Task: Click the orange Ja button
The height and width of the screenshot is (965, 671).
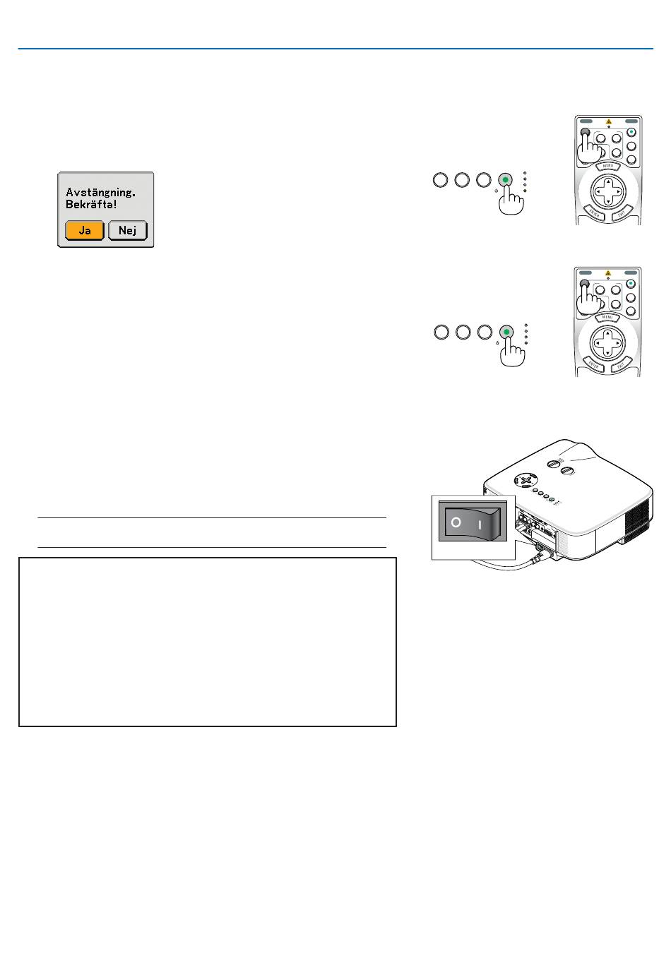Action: point(85,230)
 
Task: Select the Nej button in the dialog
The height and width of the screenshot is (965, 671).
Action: point(128,230)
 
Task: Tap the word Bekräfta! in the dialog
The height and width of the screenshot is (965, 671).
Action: point(91,205)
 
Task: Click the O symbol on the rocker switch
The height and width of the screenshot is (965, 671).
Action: point(456,523)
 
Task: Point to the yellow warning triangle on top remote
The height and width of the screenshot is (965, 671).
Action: point(608,122)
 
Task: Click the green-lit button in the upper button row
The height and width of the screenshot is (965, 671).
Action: point(505,180)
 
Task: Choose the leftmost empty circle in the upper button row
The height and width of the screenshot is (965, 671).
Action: point(440,180)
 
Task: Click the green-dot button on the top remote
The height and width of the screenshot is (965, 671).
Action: point(631,132)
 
